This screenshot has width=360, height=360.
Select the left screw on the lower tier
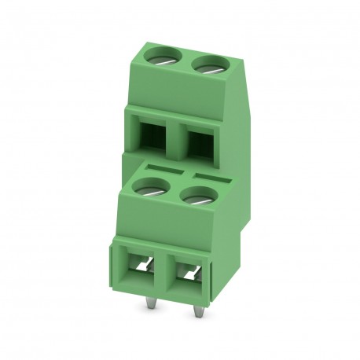click(x=149, y=187)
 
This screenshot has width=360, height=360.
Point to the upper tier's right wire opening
click(x=200, y=145)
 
